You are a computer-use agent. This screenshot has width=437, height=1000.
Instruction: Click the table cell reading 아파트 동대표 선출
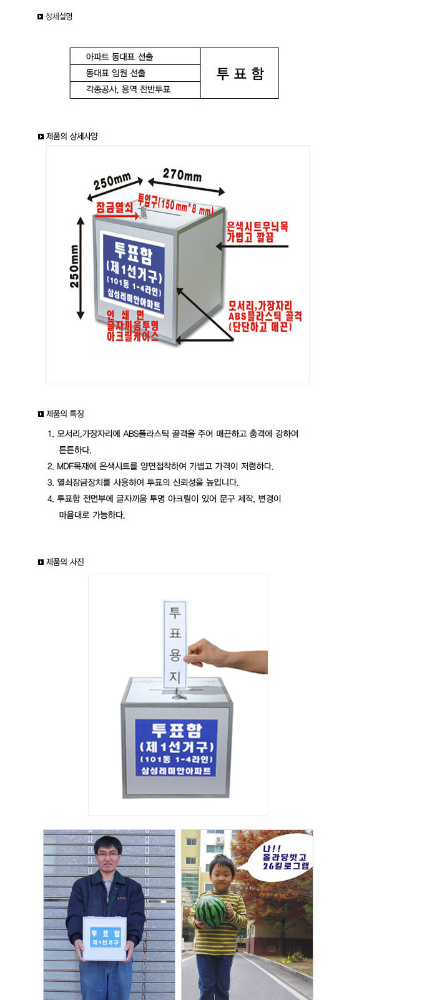[x=135, y=57]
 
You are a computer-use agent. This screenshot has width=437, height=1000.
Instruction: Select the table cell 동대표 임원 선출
[x=135, y=73]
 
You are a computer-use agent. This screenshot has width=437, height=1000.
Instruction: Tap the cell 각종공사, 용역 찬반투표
[x=135, y=90]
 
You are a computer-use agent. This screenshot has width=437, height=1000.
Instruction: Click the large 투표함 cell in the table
[x=240, y=73]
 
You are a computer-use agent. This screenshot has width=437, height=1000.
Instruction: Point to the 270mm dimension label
[x=182, y=174]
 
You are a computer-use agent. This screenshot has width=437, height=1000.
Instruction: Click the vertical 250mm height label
[x=74, y=266]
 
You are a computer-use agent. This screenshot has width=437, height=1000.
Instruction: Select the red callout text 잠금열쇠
[x=114, y=207]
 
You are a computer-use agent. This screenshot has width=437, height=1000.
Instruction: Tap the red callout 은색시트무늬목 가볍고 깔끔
[x=257, y=232]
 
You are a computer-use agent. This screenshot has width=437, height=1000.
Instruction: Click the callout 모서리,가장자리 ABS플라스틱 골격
[x=265, y=316]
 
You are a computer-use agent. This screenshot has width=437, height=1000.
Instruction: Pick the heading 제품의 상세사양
[x=72, y=137]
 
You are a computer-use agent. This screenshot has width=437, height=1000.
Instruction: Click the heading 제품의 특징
[x=65, y=414]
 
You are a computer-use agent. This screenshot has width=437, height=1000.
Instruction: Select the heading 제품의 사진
[x=65, y=562]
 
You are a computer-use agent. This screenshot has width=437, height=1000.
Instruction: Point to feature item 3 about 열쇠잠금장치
[x=143, y=482]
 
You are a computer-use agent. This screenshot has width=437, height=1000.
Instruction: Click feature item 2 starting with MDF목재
[x=160, y=466]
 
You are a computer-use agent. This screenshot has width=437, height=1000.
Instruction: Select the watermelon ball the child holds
[x=212, y=909]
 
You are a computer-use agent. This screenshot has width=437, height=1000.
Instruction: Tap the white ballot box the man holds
[x=106, y=938]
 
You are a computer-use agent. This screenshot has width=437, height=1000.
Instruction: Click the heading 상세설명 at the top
[x=59, y=16]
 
